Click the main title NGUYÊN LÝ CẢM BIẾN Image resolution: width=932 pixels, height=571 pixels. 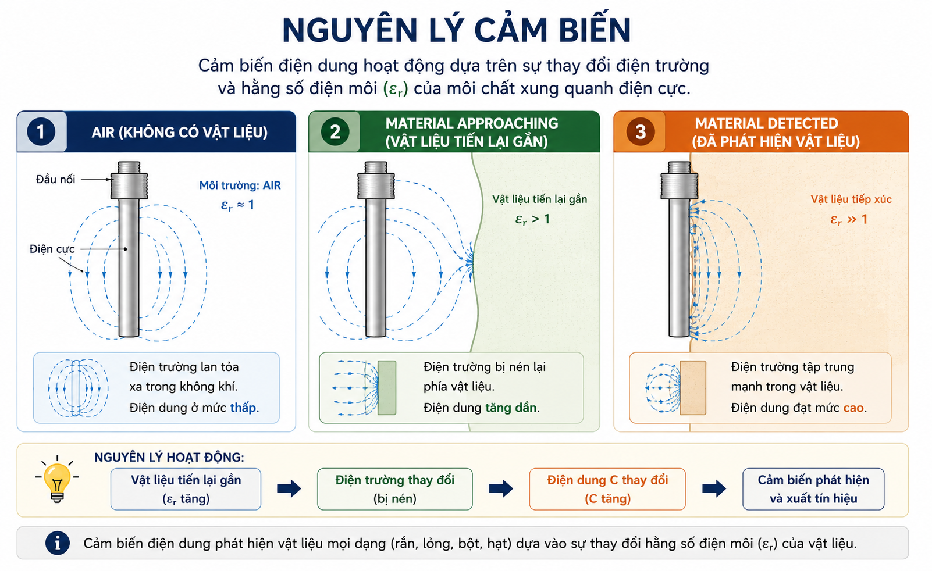point(457,30)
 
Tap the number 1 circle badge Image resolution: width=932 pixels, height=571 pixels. point(41,132)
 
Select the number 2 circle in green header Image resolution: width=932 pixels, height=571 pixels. point(335,132)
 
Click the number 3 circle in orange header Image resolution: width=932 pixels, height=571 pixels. point(641,132)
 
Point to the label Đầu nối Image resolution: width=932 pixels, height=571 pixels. point(55,179)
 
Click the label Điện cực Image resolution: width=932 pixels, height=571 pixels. point(52,249)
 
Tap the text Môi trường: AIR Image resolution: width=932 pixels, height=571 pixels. point(240,185)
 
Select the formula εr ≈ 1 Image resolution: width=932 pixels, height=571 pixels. point(237,205)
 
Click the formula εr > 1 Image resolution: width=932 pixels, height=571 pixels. point(532,219)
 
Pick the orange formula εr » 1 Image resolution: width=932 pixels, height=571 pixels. point(849,219)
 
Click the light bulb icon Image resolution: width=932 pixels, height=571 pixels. point(57,480)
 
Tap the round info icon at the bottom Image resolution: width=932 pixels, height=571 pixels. point(57,543)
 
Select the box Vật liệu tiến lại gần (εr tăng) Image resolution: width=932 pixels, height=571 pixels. point(186,489)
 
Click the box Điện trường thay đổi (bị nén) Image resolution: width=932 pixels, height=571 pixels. point(395,489)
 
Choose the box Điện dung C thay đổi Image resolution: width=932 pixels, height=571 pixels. point(607,489)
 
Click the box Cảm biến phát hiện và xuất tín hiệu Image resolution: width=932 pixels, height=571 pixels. point(813,489)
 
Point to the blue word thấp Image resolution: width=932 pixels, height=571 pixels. point(243,408)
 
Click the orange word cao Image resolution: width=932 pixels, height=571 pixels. point(853,408)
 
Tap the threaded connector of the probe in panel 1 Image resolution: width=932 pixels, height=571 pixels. point(129,180)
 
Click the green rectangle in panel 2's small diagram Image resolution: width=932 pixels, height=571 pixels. point(386,388)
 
